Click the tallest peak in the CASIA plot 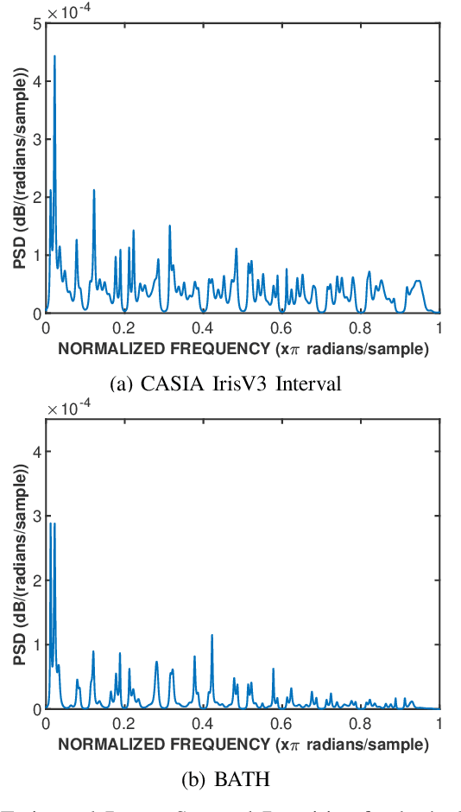[54, 57]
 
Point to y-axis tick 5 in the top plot [35, 23]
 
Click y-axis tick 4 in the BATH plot [35, 452]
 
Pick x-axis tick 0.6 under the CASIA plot [282, 328]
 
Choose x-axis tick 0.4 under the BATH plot [203, 724]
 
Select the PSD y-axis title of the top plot [18, 168]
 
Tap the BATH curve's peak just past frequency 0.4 [212, 636]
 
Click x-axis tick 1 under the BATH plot [440, 724]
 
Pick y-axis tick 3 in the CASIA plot [35, 139]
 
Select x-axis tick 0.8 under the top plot [361, 328]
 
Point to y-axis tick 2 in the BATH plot [35, 580]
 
